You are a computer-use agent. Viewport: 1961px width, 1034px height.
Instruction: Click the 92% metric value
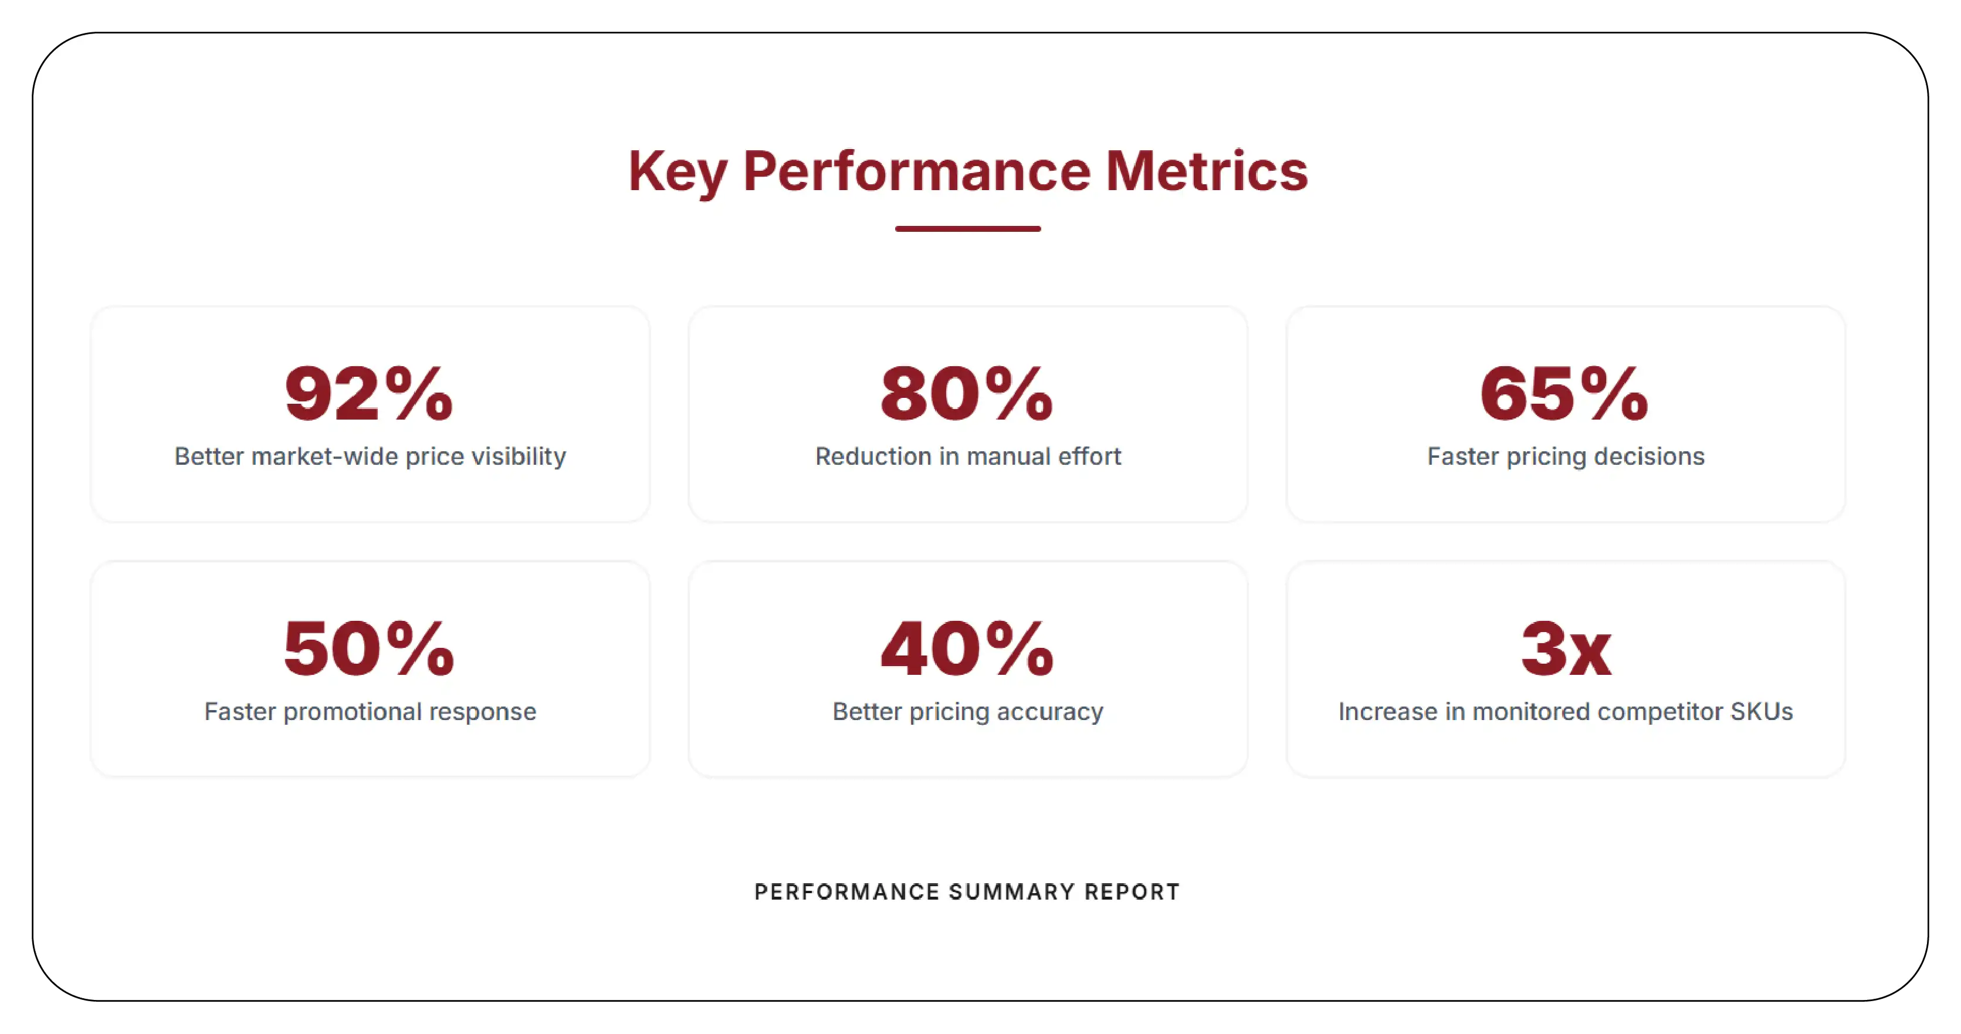pyautogui.click(x=369, y=394)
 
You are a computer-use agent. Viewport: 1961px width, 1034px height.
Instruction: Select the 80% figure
pyautogui.click(x=967, y=394)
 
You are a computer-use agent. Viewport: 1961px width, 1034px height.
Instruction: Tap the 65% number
pyautogui.click(x=1564, y=394)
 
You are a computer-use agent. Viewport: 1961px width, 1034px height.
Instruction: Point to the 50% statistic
pyautogui.click(x=369, y=648)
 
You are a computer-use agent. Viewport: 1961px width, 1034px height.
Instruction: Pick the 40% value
pyautogui.click(x=967, y=648)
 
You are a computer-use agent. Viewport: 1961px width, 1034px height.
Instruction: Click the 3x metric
pyautogui.click(x=1566, y=648)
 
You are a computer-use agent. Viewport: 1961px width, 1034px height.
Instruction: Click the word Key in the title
pyautogui.click(x=677, y=171)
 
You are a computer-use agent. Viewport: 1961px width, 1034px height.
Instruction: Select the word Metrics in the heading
pyautogui.click(x=1207, y=171)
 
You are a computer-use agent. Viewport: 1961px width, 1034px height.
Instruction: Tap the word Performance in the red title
pyautogui.click(x=916, y=171)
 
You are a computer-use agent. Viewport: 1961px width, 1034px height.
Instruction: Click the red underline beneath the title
pyautogui.click(x=967, y=228)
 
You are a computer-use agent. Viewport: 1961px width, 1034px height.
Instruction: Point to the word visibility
pyautogui.click(x=519, y=457)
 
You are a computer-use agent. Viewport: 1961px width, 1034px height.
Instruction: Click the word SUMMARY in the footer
pyautogui.click(x=1012, y=891)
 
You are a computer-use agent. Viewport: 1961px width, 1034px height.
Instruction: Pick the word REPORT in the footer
pyautogui.click(x=1132, y=891)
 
